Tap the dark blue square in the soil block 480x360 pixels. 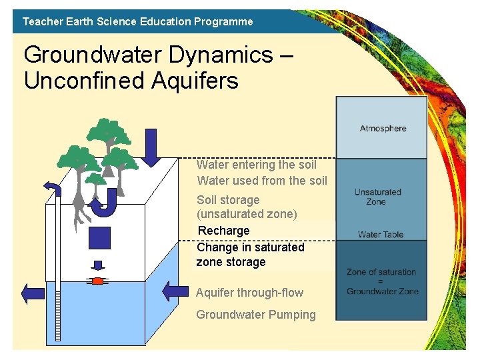click(99, 237)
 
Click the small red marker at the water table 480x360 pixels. click(97, 281)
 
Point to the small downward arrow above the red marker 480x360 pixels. click(97, 265)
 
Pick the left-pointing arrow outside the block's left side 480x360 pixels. click(33, 293)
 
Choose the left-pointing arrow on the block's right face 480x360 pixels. click(175, 290)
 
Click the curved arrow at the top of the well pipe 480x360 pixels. click(52, 189)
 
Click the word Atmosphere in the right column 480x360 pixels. click(383, 128)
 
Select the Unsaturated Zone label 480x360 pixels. click(378, 197)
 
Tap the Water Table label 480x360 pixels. click(381, 235)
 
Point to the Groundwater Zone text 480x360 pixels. click(383, 291)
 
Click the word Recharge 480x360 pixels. click(224, 231)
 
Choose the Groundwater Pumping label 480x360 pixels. click(255, 315)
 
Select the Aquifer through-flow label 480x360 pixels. click(249, 293)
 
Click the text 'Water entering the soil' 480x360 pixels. click(257, 165)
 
